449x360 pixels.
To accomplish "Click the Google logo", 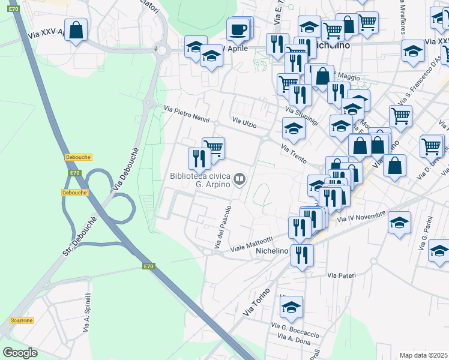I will click(20, 353).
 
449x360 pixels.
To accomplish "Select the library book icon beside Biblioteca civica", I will click(240, 179).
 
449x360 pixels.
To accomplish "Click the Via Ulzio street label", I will click(245, 124).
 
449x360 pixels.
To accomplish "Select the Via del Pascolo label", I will click(222, 228).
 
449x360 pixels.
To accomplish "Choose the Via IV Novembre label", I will click(361, 218).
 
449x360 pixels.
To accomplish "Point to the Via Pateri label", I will click(342, 275).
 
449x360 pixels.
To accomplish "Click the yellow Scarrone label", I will click(21, 320).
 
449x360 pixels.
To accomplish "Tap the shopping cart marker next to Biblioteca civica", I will click(213, 147).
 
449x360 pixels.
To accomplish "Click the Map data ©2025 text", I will click(424, 355).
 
